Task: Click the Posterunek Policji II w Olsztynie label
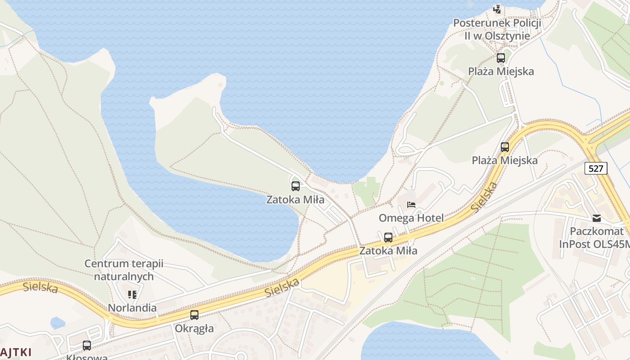(497, 29)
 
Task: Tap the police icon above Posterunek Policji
(497, 9)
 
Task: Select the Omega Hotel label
(411, 218)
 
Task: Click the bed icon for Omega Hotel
(411, 205)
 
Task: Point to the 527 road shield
(596, 168)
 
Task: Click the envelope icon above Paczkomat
(597, 218)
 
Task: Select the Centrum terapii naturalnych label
(124, 270)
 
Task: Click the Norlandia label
(132, 308)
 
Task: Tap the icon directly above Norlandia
(132, 295)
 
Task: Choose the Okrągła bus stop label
(194, 328)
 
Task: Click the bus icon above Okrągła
(194, 315)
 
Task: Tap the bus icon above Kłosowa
(87, 346)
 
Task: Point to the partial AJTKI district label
(16, 352)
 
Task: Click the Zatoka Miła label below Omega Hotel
(388, 251)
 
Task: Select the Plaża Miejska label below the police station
(501, 71)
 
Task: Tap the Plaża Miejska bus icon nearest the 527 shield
(505, 147)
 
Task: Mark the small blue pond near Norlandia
(58, 323)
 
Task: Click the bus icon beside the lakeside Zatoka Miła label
(296, 186)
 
